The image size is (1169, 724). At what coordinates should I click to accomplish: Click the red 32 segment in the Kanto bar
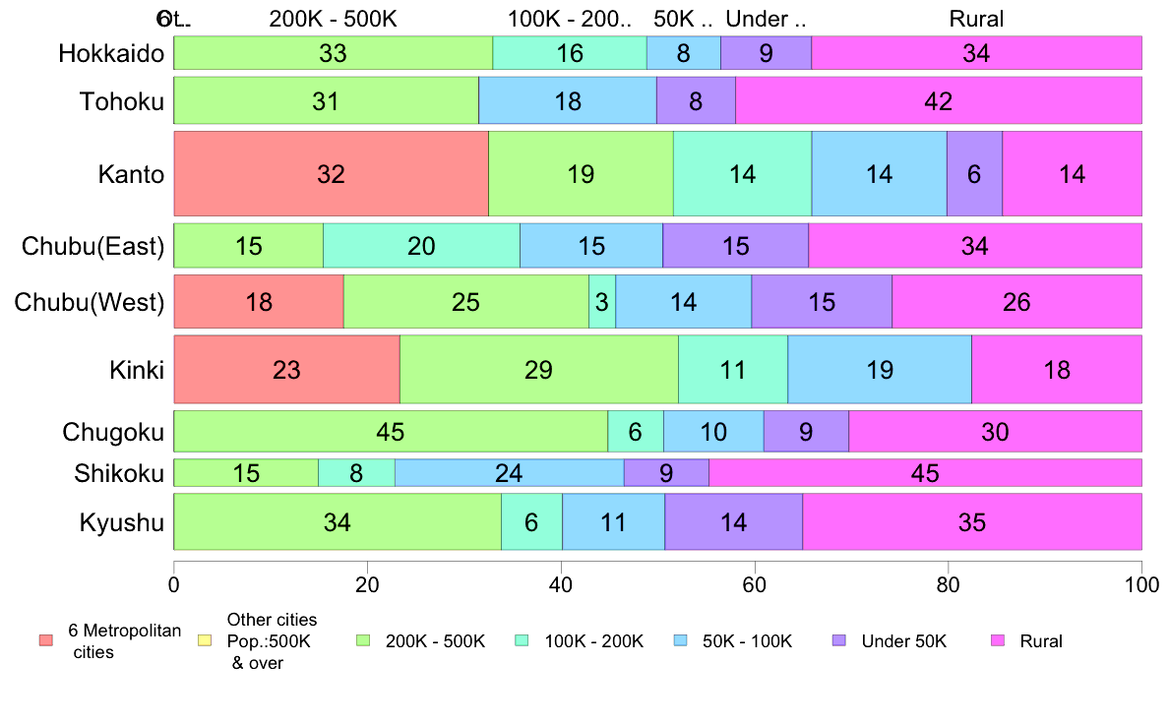tap(331, 174)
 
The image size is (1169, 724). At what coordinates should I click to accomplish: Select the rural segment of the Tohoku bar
tap(939, 100)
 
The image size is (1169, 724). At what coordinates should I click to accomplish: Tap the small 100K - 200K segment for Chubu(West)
tap(602, 302)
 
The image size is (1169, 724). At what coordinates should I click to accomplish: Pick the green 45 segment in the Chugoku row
tap(391, 432)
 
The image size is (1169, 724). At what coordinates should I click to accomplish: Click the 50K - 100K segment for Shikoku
tap(509, 473)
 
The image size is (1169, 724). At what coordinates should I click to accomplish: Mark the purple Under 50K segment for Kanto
tap(974, 174)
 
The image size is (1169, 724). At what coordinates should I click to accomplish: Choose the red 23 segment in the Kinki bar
tap(286, 370)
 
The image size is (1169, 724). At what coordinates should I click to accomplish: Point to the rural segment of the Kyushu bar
tap(971, 522)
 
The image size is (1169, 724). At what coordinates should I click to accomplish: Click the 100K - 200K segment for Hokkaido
tap(570, 53)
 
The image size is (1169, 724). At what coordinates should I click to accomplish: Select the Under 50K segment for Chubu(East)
tap(735, 246)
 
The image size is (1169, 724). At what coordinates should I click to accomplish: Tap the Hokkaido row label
tap(110, 53)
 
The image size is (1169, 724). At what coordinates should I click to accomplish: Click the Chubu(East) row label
tap(92, 246)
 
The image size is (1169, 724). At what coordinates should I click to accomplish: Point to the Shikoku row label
tap(119, 473)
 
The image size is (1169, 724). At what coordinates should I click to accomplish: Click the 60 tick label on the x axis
tap(755, 583)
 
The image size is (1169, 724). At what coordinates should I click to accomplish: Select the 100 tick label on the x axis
tap(1141, 583)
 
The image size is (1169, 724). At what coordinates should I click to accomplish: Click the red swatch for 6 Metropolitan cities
tap(45, 640)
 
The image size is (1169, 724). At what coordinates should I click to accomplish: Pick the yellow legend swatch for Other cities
tap(205, 640)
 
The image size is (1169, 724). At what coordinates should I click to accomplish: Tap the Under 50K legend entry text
tap(903, 641)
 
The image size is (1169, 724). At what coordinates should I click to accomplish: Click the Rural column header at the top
tap(976, 19)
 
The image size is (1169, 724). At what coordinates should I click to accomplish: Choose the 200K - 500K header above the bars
tap(333, 19)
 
